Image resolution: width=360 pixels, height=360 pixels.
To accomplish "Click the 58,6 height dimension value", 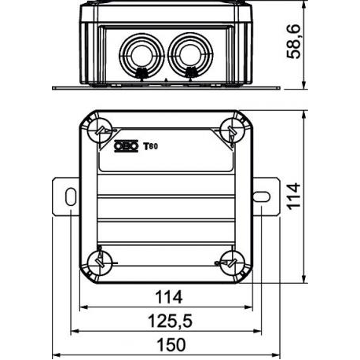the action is (293, 42).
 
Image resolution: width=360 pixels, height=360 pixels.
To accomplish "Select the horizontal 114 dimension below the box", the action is (169, 297).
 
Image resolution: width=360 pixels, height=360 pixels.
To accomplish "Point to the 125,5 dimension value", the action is (171, 321).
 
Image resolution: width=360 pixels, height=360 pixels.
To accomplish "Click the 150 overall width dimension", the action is (171, 345).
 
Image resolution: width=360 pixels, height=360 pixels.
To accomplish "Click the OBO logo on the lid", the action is (126, 146).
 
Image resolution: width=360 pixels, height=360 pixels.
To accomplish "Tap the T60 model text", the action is (150, 146).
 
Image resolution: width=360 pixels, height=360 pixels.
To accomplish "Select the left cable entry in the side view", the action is (141, 55).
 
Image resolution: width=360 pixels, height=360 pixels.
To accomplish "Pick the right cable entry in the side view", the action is (190, 55).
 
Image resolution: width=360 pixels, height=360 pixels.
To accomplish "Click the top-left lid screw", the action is (100, 131).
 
